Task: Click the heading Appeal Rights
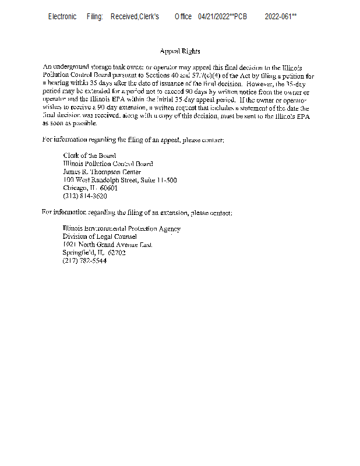pos(179,52)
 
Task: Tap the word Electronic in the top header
pos(62,16)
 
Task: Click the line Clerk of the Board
pos(89,156)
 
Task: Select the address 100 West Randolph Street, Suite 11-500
pos(119,180)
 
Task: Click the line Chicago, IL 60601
pos(90,188)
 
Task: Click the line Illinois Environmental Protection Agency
pos(121,228)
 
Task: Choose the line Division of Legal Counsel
pos(100,236)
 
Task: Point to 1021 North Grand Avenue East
pos(107,245)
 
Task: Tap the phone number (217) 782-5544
pos(84,261)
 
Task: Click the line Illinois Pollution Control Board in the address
pos(108,164)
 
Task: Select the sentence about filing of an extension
pos(137,213)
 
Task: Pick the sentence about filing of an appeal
pos(133,140)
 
